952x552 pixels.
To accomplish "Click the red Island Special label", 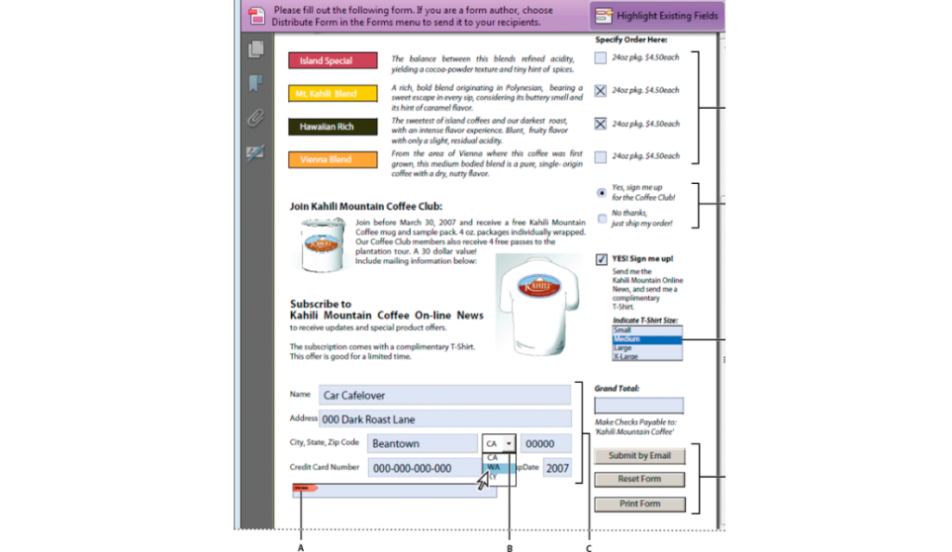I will (x=332, y=60).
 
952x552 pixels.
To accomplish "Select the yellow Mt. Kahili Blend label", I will (x=332, y=93).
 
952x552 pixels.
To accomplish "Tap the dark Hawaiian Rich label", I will (x=332, y=126).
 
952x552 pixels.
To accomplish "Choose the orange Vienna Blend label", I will (x=332, y=160).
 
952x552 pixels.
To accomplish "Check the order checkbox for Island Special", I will (x=601, y=59).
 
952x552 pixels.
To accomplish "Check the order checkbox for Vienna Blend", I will (x=601, y=157).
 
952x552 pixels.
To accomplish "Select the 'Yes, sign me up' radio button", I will (x=602, y=192).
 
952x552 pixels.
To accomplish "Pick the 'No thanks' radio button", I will (x=602, y=219).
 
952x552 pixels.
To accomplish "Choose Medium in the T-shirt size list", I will (x=647, y=339).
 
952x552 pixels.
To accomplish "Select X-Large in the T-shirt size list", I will (x=647, y=356).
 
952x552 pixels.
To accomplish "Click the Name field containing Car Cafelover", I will (x=444, y=395).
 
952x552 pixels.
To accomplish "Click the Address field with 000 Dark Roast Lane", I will (x=444, y=419).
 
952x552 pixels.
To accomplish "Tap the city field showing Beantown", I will (x=422, y=444).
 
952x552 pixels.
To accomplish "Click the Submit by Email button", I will (x=640, y=455).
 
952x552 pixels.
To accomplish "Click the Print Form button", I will (x=640, y=505).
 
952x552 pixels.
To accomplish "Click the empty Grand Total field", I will (x=639, y=405).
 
